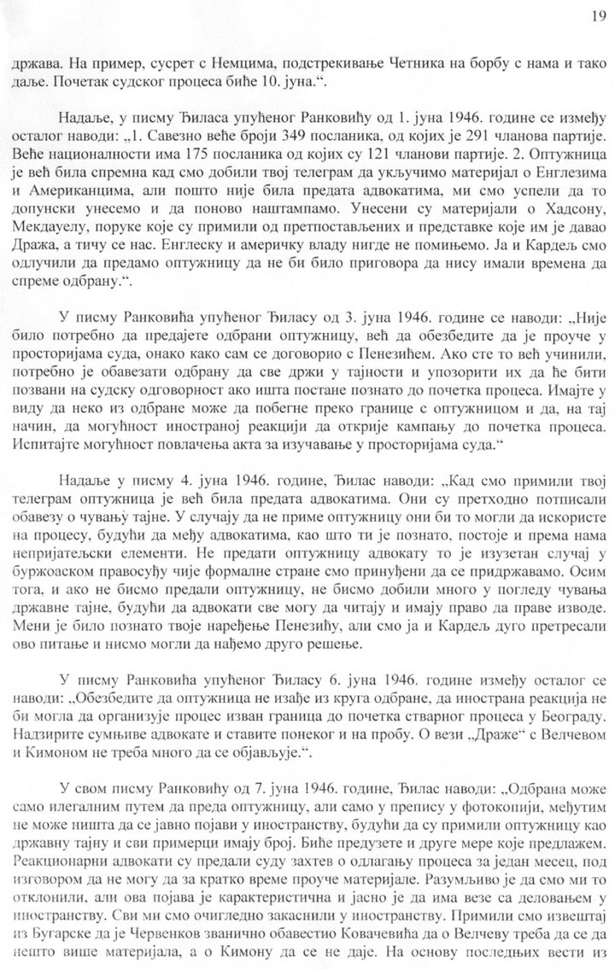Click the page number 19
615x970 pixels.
point(596,15)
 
